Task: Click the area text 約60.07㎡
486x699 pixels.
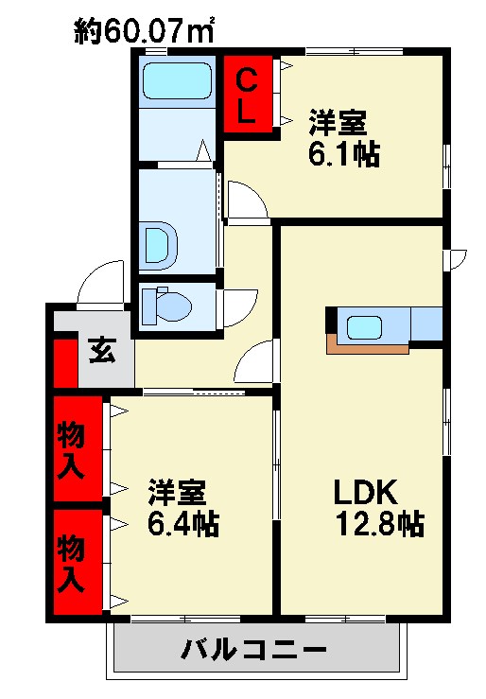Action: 144,30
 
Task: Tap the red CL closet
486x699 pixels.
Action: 247,94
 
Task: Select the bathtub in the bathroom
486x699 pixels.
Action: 177,81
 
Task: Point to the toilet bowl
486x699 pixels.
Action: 167,306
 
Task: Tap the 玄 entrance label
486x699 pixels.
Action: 102,350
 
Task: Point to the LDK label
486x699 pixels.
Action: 365,491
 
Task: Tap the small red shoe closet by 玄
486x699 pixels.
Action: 65,364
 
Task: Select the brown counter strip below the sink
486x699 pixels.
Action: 366,347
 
